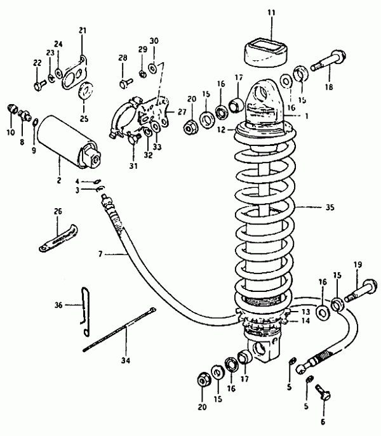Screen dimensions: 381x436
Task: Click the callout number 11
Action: (271, 13)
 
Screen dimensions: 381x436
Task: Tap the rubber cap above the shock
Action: (265, 53)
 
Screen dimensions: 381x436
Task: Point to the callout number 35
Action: (330, 208)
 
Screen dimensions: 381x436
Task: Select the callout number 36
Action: (58, 305)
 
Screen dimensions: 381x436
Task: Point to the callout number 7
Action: (100, 254)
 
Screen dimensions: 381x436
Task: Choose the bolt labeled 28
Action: (126, 83)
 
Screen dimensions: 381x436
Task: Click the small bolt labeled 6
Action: (323, 393)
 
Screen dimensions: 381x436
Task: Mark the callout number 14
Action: (305, 320)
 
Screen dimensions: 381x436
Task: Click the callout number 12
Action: (221, 129)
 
